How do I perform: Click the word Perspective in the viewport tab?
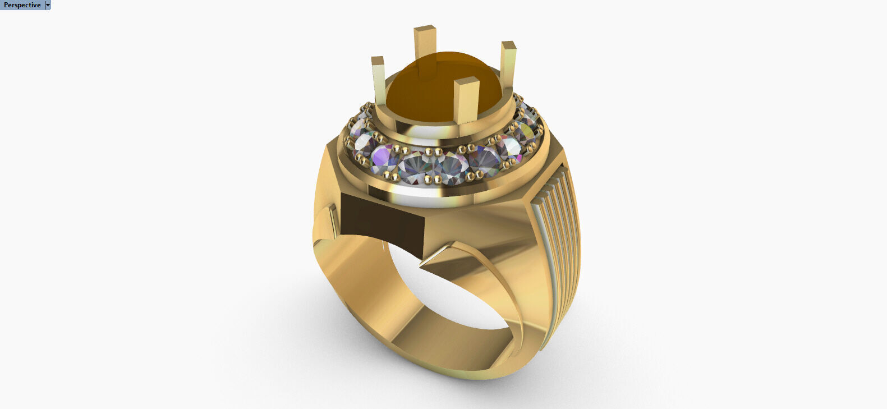[x=22, y=5]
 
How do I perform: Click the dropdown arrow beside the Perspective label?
[x=48, y=5]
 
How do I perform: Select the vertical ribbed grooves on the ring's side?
[x=558, y=247]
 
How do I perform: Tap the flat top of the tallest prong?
[x=425, y=28]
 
